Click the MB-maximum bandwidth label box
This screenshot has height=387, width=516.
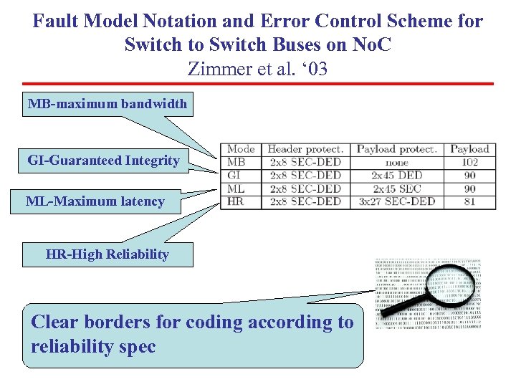tap(107, 105)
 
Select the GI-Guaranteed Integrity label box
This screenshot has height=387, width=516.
tap(103, 161)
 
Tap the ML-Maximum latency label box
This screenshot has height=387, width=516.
tap(95, 201)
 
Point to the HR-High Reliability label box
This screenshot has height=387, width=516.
tap(107, 254)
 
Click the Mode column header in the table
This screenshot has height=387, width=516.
tap(241, 149)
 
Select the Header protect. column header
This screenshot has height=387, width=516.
tap(305, 149)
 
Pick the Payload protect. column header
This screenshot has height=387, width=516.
tap(396, 149)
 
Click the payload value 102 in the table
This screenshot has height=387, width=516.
tap(469, 162)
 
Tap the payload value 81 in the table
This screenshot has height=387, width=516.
tap(469, 201)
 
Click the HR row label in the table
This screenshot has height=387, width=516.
tap(236, 201)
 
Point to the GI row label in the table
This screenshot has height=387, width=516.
tap(234, 176)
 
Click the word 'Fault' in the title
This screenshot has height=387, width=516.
tap(56, 21)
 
